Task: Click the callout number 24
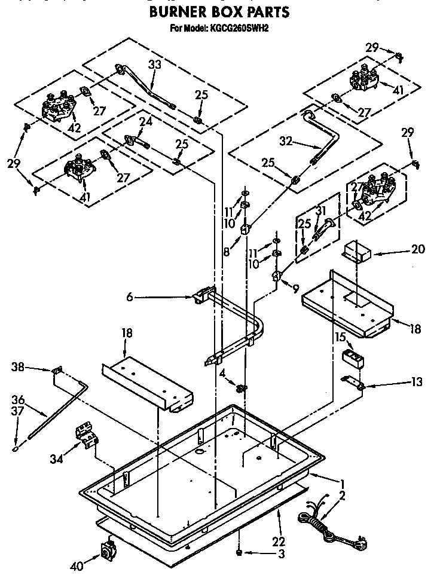(146, 122)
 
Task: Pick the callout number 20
(418, 249)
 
